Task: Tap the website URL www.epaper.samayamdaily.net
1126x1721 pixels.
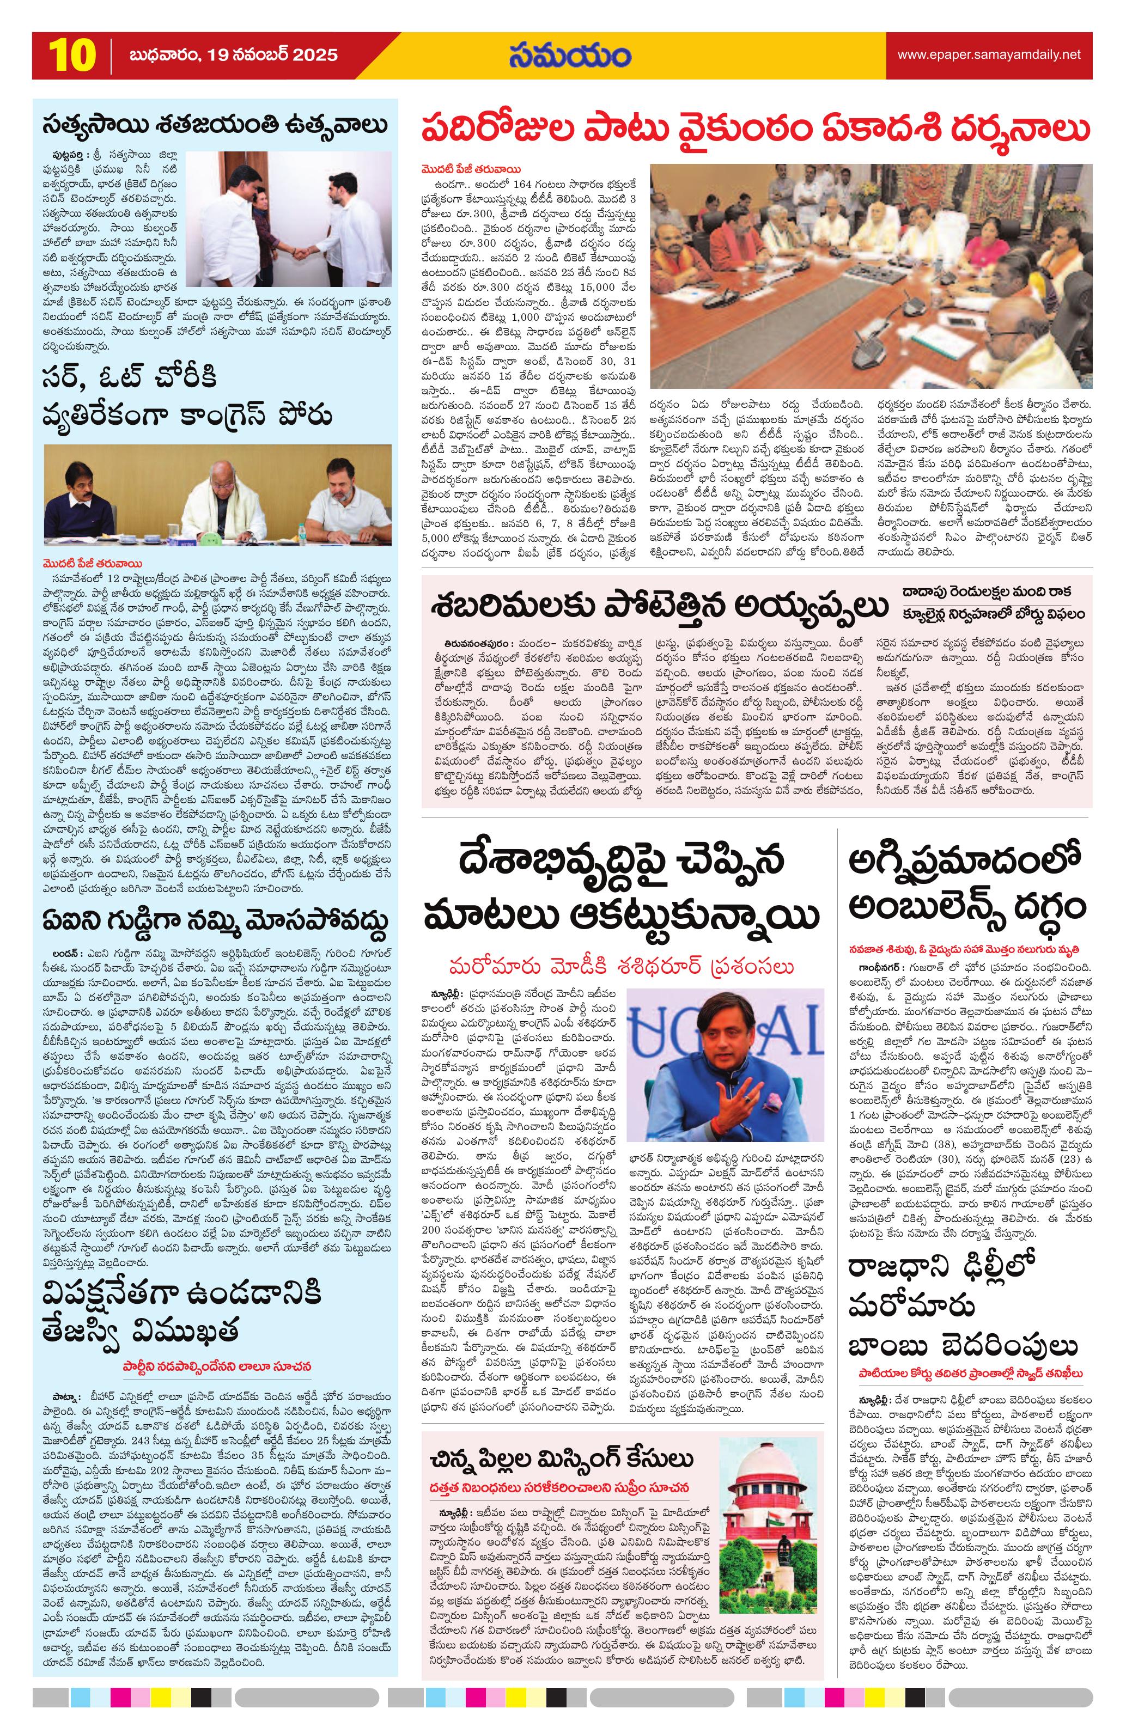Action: tap(989, 55)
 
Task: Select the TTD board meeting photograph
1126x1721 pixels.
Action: tap(870, 277)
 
